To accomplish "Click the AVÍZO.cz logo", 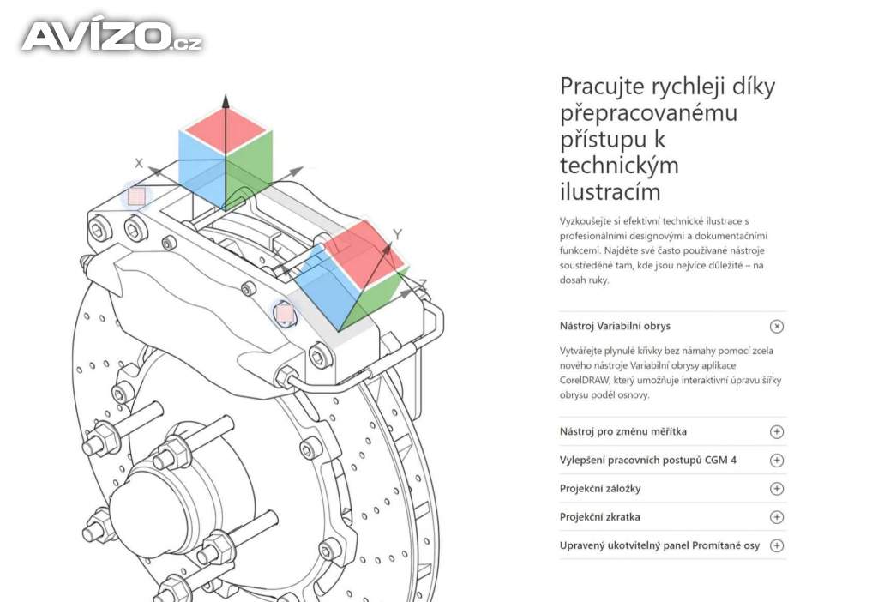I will pyautogui.click(x=111, y=36).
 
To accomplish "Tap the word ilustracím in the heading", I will pyautogui.click(x=610, y=190).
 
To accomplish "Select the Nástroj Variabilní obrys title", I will pyautogui.click(x=615, y=326).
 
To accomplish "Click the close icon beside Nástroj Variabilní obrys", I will pyautogui.click(x=777, y=326).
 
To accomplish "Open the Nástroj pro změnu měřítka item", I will pyautogui.click(x=622, y=431).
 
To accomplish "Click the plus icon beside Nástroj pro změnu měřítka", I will pyautogui.click(x=777, y=432).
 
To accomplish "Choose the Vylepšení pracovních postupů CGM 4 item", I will pyautogui.click(x=647, y=460).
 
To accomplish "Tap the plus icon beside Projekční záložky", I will pyautogui.click(x=777, y=489).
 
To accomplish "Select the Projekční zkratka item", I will pyautogui.click(x=599, y=517).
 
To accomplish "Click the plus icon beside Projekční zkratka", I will pyautogui.click(x=777, y=517).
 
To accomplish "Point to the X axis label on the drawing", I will pyautogui.click(x=139, y=162).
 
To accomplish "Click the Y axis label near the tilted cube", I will pyautogui.click(x=397, y=234).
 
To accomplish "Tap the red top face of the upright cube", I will pyautogui.click(x=225, y=131).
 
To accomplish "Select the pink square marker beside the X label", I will pyautogui.click(x=136, y=196).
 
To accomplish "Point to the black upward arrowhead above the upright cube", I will pyautogui.click(x=226, y=101).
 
